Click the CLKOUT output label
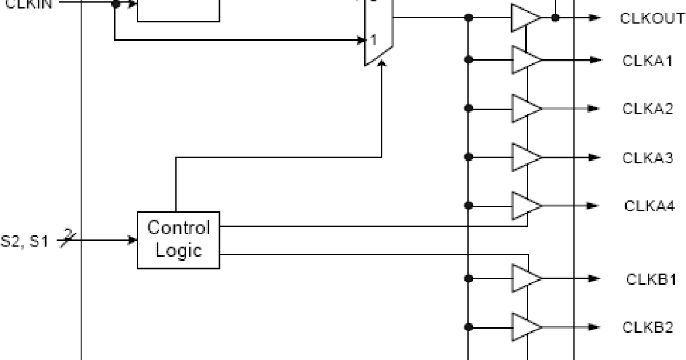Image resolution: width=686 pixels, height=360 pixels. click(652, 18)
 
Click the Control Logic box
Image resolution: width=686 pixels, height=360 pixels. click(178, 239)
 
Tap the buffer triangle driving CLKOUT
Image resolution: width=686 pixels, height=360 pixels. click(525, 18)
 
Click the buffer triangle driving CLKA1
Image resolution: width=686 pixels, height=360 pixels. click(525, 60)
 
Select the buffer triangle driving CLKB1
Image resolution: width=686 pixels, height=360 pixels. click(525, 279)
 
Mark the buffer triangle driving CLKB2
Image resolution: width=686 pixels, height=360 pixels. click(525, 327)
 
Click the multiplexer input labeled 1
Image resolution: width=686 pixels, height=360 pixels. click(373, 40)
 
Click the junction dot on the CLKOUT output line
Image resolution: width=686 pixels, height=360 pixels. click(555, 18)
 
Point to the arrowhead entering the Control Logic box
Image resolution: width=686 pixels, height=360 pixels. click(133, 240)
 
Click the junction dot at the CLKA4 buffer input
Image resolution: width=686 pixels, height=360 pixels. click(469, 206)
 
